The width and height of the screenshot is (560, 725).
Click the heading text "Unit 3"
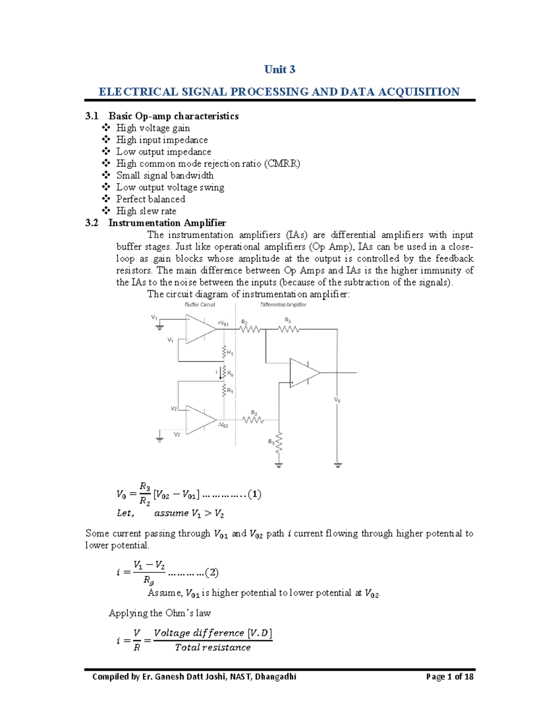point(280,70)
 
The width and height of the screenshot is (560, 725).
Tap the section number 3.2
point(92,223)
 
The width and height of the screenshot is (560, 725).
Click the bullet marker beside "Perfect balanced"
point(106,199)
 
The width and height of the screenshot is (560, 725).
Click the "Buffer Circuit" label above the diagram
point(200,305)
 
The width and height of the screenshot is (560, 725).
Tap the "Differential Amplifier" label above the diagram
point(283,305)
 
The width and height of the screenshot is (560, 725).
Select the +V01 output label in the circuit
point(223,323)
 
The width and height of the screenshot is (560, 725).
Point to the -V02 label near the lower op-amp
point(223,425)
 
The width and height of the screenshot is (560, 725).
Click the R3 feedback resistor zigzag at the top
point(288,329)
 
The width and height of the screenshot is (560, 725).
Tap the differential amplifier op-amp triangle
point(304,373)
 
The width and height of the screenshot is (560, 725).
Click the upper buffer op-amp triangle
point(200,329)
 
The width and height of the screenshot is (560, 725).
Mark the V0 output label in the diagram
point(337,400)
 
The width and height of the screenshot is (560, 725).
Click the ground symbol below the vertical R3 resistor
point(279,465)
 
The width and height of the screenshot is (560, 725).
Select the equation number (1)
point(254,494)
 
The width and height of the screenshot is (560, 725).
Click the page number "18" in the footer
point(469,676)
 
